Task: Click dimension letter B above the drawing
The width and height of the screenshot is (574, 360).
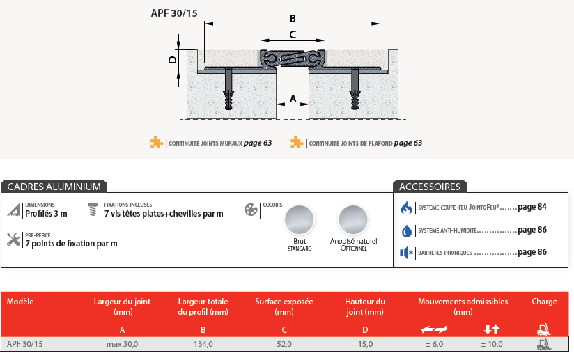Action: coord(293,18)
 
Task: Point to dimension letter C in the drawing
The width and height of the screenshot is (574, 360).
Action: coord(293,33)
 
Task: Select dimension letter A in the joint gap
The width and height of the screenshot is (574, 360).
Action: coord(293,98)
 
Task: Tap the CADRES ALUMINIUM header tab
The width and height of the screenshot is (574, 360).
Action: coord(54,187)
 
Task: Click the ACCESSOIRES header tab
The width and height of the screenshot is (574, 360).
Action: coord(430,187)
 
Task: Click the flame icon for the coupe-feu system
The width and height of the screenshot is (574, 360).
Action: coord(406,208)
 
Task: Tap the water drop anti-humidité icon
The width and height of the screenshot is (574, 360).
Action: coord(406,230)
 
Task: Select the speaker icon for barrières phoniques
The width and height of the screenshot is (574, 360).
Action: coord(406,252)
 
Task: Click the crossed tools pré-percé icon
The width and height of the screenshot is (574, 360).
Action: coord(13,240)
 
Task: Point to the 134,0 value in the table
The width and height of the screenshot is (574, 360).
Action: coord(203,344)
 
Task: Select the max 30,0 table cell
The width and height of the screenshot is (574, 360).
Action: coord(122,344)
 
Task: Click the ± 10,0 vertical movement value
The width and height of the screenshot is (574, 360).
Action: coord(492,344)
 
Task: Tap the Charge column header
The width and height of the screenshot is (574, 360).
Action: coord(544,302)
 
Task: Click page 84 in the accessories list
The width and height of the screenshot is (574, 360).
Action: coord(532,207)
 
